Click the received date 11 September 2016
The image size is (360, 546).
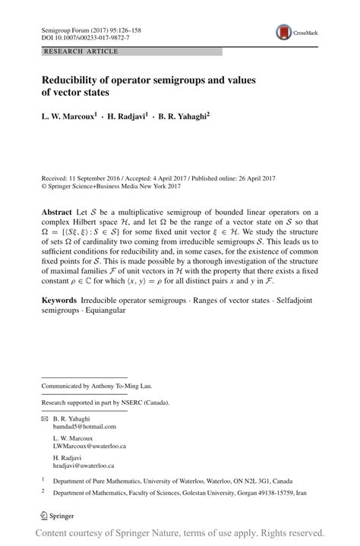click(103, 175)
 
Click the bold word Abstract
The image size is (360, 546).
click(56, 211)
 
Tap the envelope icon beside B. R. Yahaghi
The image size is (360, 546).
click(44, 418)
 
